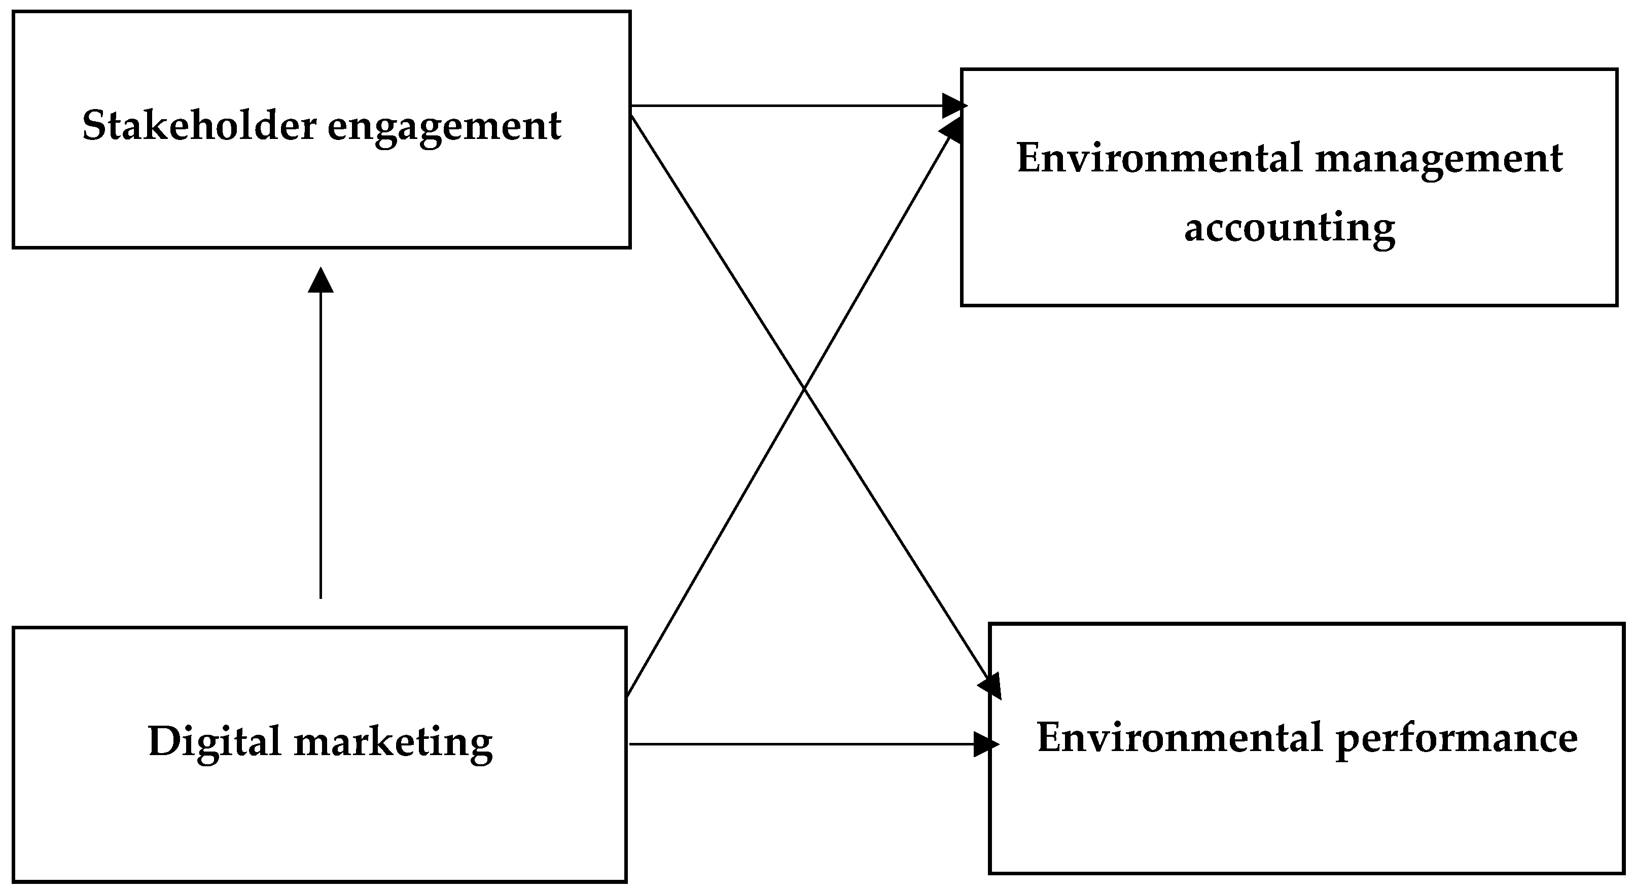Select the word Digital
(214, 741)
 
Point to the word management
(1439, 159)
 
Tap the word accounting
(1289, 227)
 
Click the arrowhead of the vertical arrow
(321, 280)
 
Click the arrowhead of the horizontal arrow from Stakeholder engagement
(953, 106)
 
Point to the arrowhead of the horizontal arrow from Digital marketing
(985, 744)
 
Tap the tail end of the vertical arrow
(321, 596)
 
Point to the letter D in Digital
(162, 741)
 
